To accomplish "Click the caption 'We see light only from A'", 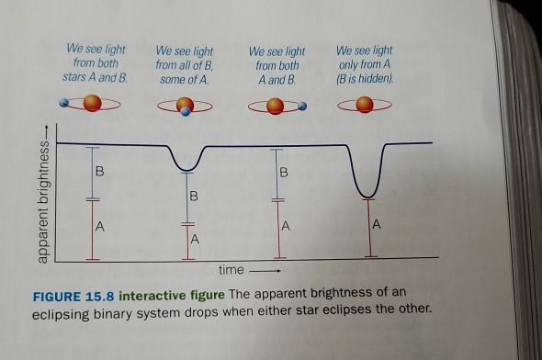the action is pyautogui.click(x=364, y=58).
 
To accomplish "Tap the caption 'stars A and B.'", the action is pyautogui.click(x=95, y=79).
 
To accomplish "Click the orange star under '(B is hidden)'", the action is pyautogui.click(x=365, y=106).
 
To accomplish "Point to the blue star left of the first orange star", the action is pyautogui.click(x=64, y=106).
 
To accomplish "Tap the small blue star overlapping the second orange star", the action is pyautogui.click(x=186, y=112).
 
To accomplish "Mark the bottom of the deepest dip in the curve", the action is pyautogui.click(x=368, y=195).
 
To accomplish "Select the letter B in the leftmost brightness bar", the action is pyautogui.click(x=99, y=172).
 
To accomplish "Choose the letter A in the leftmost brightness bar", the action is pyautogui.click(x=99, y=225).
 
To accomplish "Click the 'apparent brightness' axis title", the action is pyautogui.click(x=42, y=200).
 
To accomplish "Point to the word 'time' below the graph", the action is pyautogui.click(x=231, y=271).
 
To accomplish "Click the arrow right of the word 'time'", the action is pyautogui.click(x=265, y=272).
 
